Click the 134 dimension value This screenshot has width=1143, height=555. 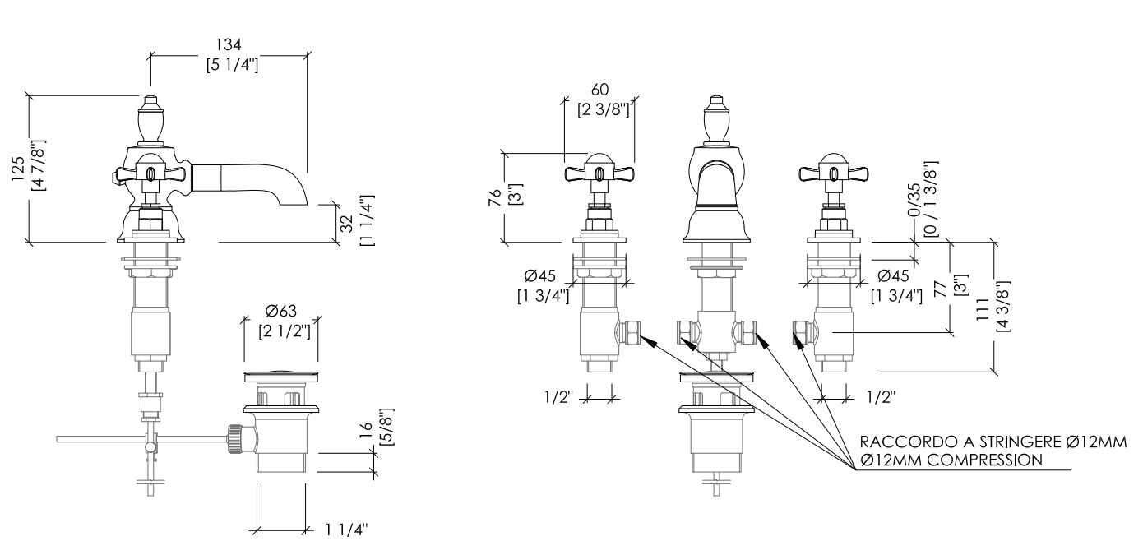click(x=228, y=45)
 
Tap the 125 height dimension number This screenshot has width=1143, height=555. click(x=18, y=169)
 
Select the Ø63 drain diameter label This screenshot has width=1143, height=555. click(x=281, y=311)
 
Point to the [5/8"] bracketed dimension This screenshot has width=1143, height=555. click(x=386, y=427)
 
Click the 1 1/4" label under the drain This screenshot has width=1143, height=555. click(x=346, y=530)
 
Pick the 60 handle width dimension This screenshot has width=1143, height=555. click(x=600, y=90)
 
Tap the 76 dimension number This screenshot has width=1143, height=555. click(x=495, y=197)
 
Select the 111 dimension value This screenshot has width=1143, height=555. click(x=983, y=308)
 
